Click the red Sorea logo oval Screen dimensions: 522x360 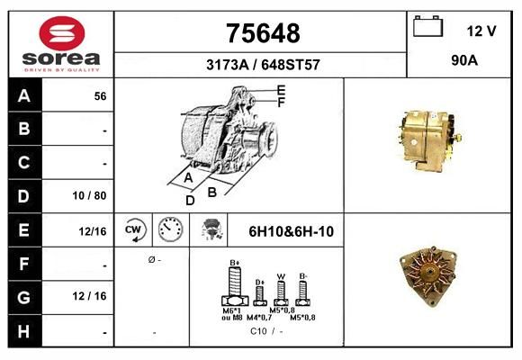click(x=62, y=33)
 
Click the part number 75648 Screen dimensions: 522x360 click(x=263, y=33)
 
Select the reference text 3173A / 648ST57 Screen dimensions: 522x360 click(x=263, y=65)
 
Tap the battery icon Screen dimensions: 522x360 click(x=427, y=26)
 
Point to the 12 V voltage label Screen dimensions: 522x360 click(x=481, y=31)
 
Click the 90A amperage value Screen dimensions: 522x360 click(x=464, y=60)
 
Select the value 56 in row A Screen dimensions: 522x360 click(x=100, y=96)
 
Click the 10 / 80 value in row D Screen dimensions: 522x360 click(x=89, y=195)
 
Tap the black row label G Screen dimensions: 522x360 click(x=24, y=297)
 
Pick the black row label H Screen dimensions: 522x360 click(x=24, y=331)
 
